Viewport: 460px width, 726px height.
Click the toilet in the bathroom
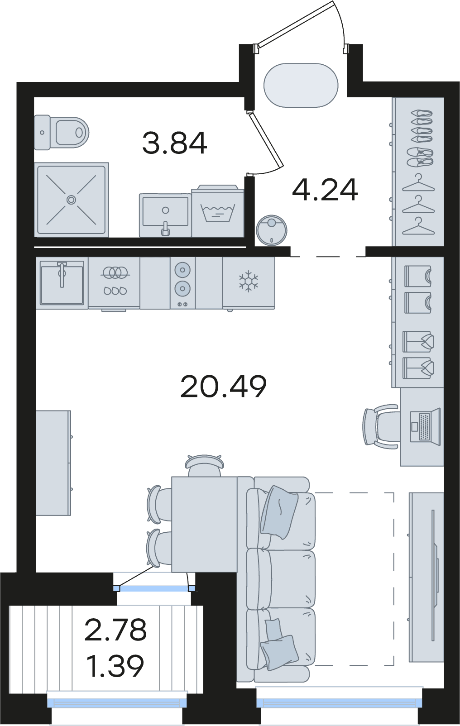click(61, 132)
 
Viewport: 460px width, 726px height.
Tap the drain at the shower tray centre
click(72, 200)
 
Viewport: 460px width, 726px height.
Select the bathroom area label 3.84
click(174, 143)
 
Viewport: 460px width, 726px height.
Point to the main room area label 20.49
click(223, 386)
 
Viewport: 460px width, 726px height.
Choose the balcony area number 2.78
click(115, 630)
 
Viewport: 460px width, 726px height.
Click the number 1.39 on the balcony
click(116, 666)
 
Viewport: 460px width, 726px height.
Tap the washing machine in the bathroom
click(217, 210)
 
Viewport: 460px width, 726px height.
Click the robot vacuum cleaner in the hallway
click(271, 230)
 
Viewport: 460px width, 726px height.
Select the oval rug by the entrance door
click(301, 85)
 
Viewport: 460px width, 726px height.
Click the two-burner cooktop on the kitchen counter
click(182, 282)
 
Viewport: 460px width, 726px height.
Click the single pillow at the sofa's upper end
click(279, 512)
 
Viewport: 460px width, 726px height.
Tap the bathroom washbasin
click(165, 215)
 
